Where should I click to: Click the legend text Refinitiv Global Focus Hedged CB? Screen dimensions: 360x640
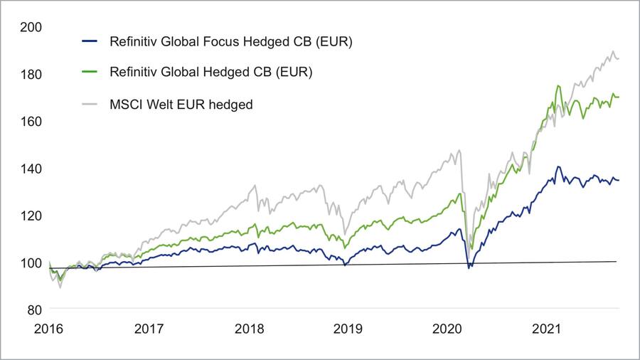click(x=231, y=41)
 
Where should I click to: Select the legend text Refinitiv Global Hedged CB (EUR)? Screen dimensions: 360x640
click(x=210, y=73)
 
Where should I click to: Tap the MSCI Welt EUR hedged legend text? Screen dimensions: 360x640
click(x=181, y=105)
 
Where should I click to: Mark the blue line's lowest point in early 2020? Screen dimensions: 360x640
click(x=469, y=268)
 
